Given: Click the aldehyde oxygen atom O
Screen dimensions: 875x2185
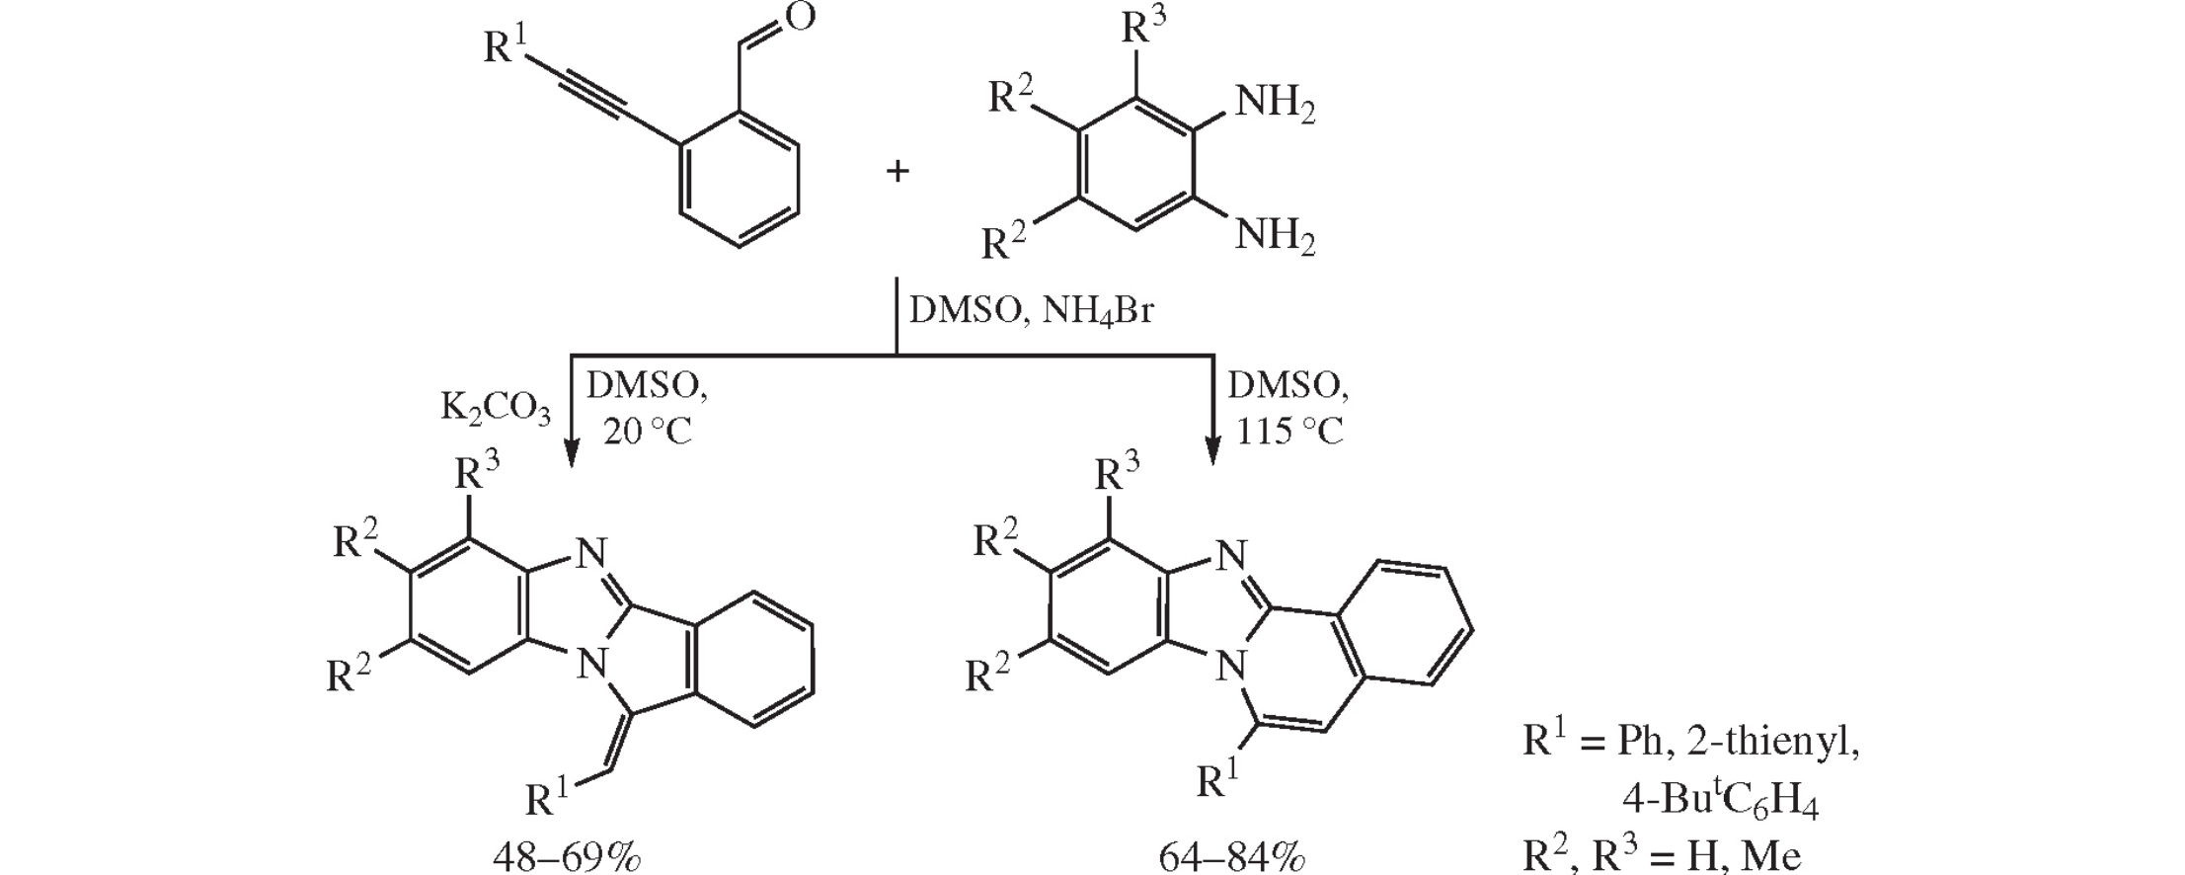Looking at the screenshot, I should pyautogui.click(x=800, y=19).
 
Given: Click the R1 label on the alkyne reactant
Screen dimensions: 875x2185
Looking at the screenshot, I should pyautogui.click(x=505, y=43).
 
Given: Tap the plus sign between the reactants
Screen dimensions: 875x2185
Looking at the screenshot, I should pyautogui.click(x=897, y=172).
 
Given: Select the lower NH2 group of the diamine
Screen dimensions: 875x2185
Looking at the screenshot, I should pyautogui.click(x=1275, y=237).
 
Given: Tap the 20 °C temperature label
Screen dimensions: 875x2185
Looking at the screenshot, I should pyautogui.click(x=648, y=432).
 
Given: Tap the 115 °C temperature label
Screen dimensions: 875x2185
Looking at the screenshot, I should pyautogui.click(x=1289, y=432).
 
